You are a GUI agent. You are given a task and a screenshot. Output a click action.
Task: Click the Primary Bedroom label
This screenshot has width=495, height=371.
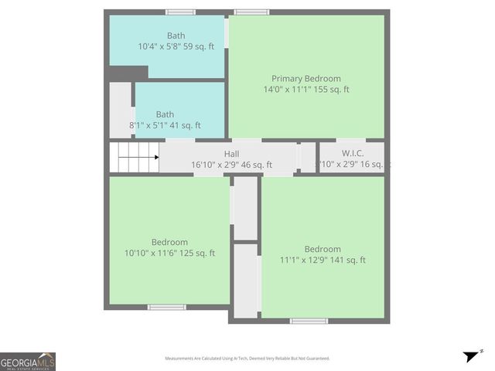point(306,78)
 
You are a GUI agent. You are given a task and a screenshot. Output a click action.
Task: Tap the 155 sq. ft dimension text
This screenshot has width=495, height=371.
point(331,89)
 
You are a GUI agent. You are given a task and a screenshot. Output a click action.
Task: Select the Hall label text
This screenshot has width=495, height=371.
point(231,154)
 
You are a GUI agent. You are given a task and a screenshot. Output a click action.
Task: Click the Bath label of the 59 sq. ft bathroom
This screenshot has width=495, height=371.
point(176,36)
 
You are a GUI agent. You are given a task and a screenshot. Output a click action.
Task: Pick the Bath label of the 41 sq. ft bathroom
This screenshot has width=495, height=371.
point(165,114)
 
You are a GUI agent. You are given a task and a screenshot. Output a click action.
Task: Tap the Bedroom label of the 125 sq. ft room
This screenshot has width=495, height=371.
point(169,242)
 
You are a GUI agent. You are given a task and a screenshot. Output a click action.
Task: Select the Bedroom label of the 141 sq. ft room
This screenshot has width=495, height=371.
point(323,249)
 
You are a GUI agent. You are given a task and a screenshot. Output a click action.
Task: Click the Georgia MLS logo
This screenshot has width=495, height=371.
point(28,361)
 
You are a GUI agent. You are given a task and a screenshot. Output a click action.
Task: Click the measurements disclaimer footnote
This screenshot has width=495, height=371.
point(247,359)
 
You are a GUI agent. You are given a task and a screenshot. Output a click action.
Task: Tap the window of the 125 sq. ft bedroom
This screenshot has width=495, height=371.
point(167,307)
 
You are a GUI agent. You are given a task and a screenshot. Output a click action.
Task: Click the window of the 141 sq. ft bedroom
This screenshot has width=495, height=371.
point(309,320)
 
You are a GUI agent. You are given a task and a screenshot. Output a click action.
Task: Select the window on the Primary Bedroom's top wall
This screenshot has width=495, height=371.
point(251,12)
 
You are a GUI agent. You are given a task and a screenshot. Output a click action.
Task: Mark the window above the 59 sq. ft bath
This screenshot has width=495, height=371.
point(180,12)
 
